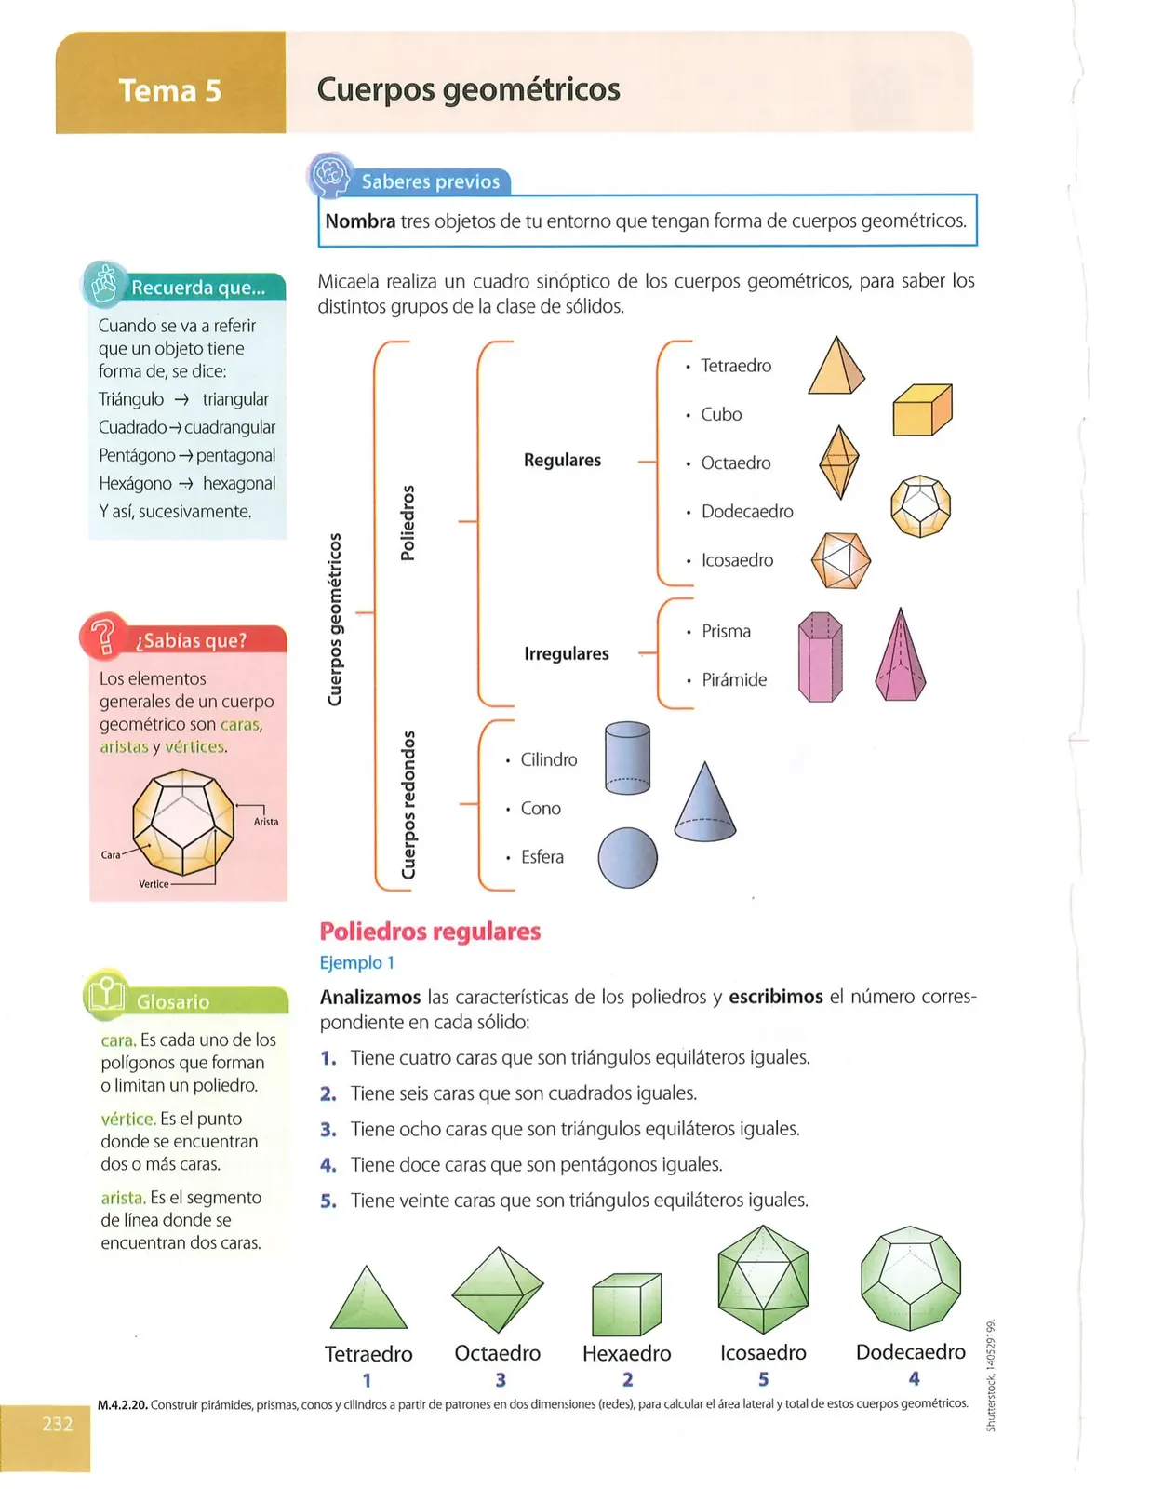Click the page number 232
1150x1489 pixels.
(x=58, y=1424)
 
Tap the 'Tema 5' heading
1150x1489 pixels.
(x=170, y=90)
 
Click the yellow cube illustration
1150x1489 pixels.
(x=922, y=409)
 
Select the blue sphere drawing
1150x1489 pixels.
(x=627, y=858)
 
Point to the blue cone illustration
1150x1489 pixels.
(x=705, y=801)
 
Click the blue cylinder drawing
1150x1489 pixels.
(x=627, y=758)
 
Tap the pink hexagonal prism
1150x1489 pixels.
(x=820, y=657)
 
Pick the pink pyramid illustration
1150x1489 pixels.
(x=900, y=654)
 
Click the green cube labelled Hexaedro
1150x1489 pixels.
(x=627, y=1305)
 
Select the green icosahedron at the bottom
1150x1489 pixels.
(x=763, y=1280)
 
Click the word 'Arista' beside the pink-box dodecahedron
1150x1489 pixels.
(x=266, y=822)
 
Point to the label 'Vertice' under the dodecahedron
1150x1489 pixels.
(x=154, y=884)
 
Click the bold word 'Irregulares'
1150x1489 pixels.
(x=567, y=653)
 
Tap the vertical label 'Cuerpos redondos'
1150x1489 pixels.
(x=408, y=804)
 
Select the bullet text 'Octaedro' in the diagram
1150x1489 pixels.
(x=736, y=463)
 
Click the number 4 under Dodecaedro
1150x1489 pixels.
(x=914, y=1378)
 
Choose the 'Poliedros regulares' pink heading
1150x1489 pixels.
(x=430, y=932)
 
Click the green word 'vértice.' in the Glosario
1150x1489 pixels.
(x=128, y=1119)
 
